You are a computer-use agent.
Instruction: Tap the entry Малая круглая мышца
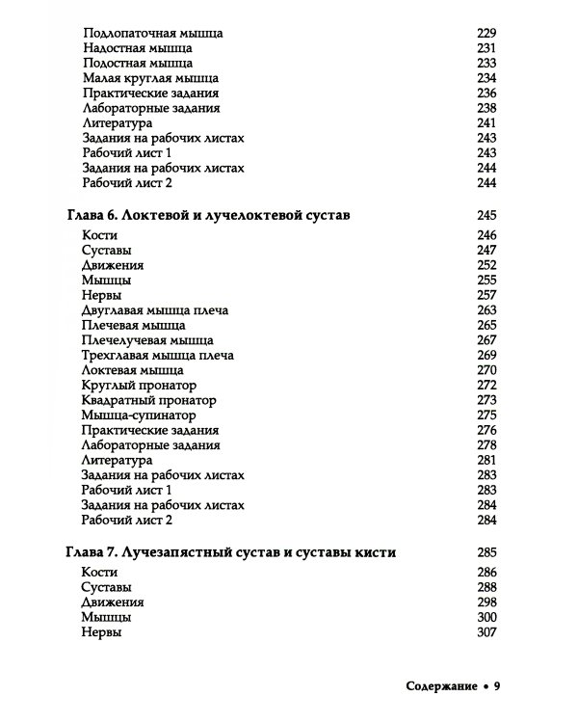click(150, 78)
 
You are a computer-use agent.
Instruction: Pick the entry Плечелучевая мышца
click(148, 340)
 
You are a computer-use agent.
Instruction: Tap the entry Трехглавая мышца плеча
click(158, 355)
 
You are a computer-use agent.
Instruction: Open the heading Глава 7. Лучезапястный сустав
click(231, 551)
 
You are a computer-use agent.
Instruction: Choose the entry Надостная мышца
click(137, 48)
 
